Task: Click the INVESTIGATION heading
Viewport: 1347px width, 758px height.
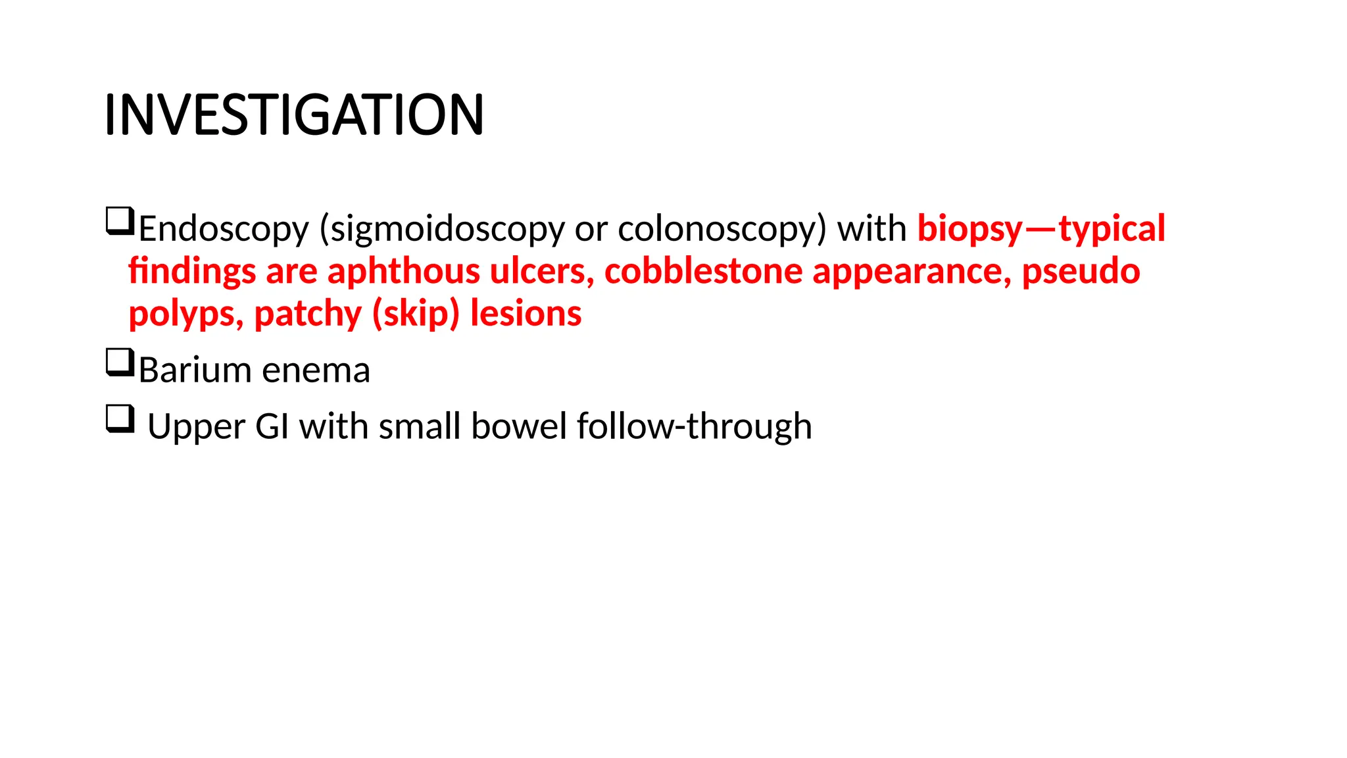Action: click(x=294, y=114)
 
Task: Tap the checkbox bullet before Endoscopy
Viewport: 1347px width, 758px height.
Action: click(x=120, y=221)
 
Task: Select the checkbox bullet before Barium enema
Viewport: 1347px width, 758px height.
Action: click(x=120, y=363)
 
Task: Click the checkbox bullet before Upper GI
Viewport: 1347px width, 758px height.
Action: click(x=120, y=419)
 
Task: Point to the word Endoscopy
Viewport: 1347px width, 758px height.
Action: click(x=224, y=229)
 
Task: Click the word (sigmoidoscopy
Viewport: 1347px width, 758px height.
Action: click(x=442, y=229)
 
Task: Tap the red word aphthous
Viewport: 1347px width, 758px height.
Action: click(x=404, y=271)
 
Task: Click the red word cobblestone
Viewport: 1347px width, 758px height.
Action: click(x=703, y=271)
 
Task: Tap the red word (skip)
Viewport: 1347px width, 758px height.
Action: click(x=416, y=314)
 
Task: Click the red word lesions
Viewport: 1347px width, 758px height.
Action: click(x=526, y=314)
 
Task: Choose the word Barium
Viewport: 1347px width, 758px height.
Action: click(x=195, y=370)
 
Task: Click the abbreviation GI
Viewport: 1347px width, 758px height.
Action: click(x=272, y=426)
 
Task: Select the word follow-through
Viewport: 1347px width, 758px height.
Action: click(x=694, y=426)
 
